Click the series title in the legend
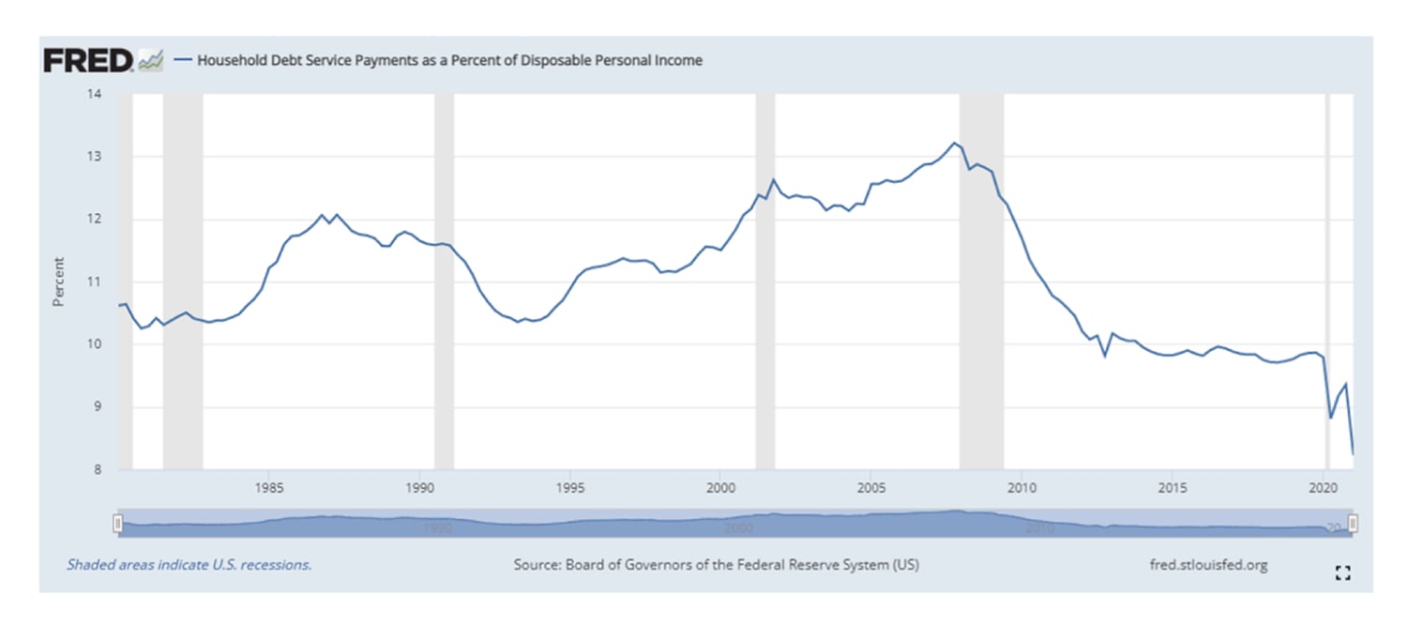pyautogui.click(x=449, y=61)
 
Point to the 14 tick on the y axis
pyautogui.click(x=95, y=95)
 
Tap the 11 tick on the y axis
pyautogui.click(x=95, y=282)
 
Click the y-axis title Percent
pyautogui.click(x=58, y=282)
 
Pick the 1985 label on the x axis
pyautogui.click(x=269, y=488)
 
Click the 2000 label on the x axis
pyautogui.click(x=719, y=488)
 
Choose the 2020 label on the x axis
pyautogui.click(x=1323, y=488)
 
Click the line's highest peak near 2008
pyautogui.click(x=954, y=143)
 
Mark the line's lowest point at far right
pyautogui.click(x=1353, y=454)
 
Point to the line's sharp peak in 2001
pyautogui.click(x=773, y=179)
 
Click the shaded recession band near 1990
pyautogui.click(x=444, y=282)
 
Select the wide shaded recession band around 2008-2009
pyautogui.click(x=981, y=282)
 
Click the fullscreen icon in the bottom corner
pyautogui.click(x=1342, y=573)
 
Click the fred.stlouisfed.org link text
pyautogui.click(x=1208, y=565)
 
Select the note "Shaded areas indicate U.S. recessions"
pyautogui.click(x=189, y=565)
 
